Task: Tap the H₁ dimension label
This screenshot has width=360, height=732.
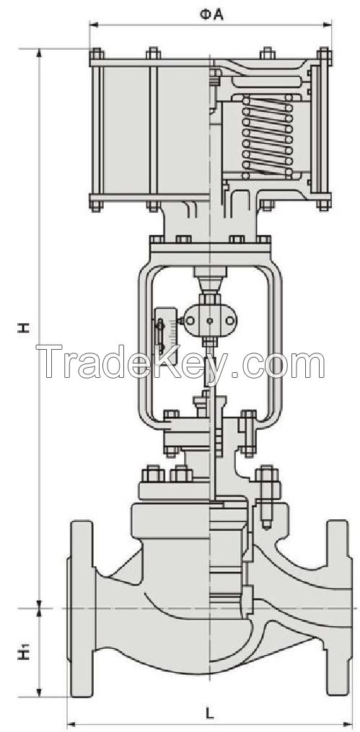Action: pyautogui.click(x=25, y=653)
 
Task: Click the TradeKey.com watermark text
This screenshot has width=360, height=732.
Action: pyautogui.click(x=180, y=364)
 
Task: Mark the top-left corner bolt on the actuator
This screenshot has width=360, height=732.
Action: pyautogui.click(x=95, y=56)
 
